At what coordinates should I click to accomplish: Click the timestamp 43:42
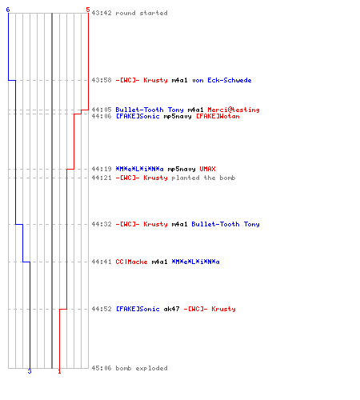[102, 13]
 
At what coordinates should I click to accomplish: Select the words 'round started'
[142, 13]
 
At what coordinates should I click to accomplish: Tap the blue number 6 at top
[8, 10]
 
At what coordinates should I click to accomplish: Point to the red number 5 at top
[88, 10]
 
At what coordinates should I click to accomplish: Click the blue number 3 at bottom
[30, 371]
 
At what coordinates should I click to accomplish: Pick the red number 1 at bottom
[59, 371]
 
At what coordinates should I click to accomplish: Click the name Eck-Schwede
[230, 80]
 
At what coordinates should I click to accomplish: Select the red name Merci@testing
[234, 110]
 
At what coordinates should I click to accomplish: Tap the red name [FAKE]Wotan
[218, 116]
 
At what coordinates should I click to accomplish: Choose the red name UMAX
[207, 169]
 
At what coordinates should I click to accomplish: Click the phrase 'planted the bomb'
[203, 178]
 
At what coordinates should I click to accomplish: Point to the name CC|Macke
[131, 262]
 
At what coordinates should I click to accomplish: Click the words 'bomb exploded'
[142, 368]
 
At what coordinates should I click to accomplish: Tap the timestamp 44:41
[102, 262]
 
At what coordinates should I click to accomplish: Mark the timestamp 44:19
[102, 169]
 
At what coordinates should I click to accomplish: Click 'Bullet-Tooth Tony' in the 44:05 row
[150, 110]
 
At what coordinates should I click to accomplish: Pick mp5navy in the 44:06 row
[178, 116]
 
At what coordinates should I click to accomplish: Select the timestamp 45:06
[102, 368]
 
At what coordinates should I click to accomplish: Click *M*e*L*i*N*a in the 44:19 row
[139, 169]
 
